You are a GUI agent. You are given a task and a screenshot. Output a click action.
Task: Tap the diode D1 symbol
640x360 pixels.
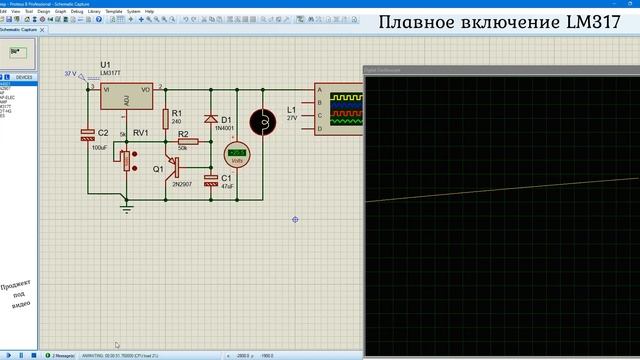(211, 119)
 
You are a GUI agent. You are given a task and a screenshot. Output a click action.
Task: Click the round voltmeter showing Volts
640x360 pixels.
(236, 155)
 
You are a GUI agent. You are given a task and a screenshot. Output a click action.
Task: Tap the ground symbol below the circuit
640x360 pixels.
(125, 208)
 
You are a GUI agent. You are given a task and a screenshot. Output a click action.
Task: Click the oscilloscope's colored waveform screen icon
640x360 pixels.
(345, 107)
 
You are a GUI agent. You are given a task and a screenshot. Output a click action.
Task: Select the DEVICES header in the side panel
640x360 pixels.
(24, 77)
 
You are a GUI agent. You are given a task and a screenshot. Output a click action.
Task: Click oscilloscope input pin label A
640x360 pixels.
(319, 90)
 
